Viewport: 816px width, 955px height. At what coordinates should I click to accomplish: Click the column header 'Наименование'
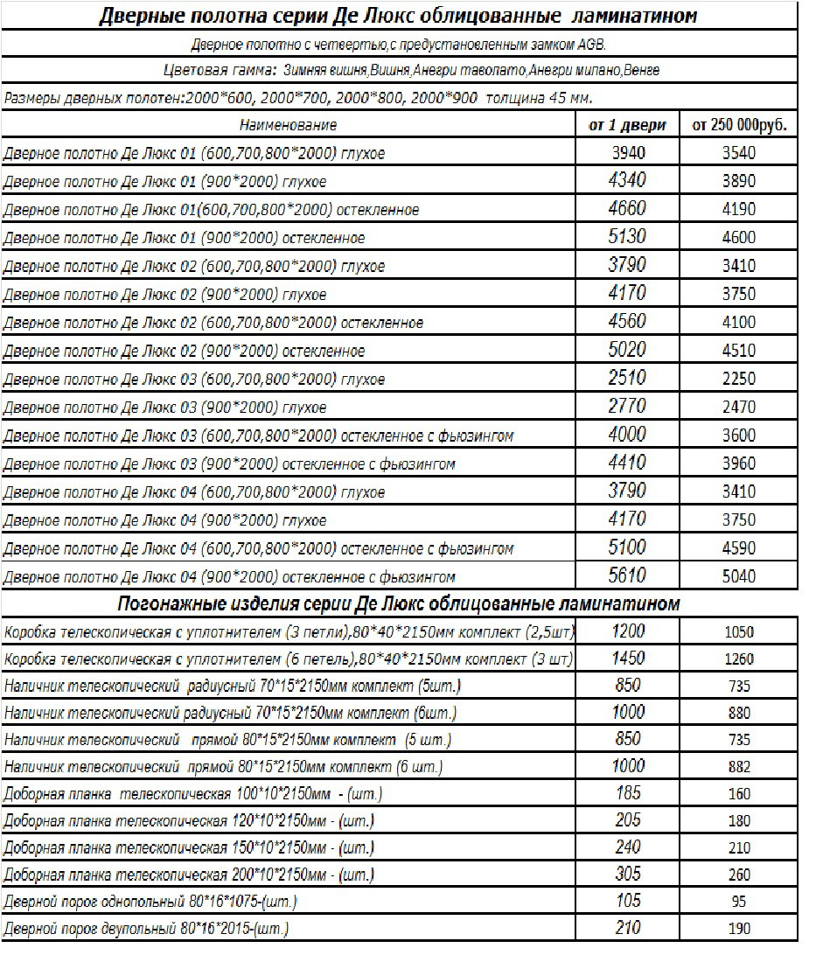pyautogui.click(x=288, y=125)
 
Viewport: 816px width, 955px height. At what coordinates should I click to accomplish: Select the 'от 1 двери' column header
pyautogui.click(x=627, y=125)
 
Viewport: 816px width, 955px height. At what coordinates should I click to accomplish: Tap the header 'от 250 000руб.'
pyautogui.click(x=739, y=125)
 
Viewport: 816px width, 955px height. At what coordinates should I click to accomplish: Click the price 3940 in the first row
pyautogui.click(x=627, y=153)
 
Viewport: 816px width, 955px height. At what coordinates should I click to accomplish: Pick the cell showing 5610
pyautogui.click(x=627, y=575)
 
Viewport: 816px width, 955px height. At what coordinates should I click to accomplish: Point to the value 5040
pyautogui.click(x=739, y=576)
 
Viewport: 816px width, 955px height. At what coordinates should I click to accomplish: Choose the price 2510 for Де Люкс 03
pyautogui.click(x=627, y=378)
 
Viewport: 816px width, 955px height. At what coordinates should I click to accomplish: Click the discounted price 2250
pyautogui.click(x=739, y=379)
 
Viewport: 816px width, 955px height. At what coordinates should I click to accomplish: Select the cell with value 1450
pyautogui.click(x=627, y=657)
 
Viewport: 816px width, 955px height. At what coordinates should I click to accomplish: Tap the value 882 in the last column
pyautogui.click(x=739, y=767)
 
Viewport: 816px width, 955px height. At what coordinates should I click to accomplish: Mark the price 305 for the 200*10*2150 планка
pyautogui.click(x=627, y=873)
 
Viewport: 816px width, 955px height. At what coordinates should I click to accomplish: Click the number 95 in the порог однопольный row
pyautogui.click(x=739, y=902)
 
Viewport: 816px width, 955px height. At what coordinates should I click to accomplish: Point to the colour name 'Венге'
pyautogui.click(x=642, y=70)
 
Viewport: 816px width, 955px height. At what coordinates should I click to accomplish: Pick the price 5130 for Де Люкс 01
pyautogui.click(x=627, y=237)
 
